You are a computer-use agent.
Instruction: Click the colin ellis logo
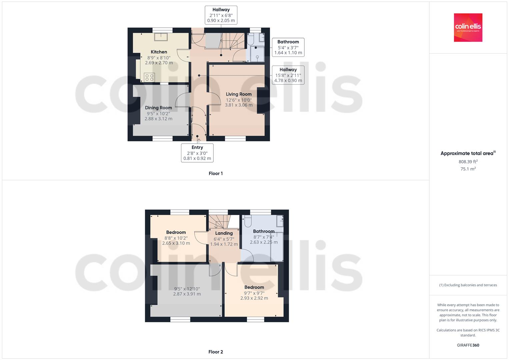pos(468,27)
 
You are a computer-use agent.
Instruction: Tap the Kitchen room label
pos(159,52)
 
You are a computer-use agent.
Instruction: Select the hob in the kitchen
pos(149,77)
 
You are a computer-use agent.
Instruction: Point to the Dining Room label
pos(158,108)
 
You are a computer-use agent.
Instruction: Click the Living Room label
pos(239,94)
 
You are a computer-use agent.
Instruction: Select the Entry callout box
pos(197,153)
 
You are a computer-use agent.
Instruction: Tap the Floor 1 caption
pos(215,173)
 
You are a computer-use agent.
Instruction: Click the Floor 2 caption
pos(215,352)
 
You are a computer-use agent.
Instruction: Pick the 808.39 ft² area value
pos(468,162)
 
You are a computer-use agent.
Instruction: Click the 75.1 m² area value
pos(468,169)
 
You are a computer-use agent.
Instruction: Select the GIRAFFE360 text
pos(468,345)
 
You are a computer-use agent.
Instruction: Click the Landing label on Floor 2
pos(224,233)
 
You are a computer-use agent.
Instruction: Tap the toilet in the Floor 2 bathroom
pos(247,221)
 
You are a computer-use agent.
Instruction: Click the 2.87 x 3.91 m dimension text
pos(187,294)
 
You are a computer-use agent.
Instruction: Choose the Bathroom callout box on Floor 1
pos(288,47)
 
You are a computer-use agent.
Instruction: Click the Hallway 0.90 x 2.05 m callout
pos(221,15)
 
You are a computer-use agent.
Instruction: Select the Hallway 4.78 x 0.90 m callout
pos(288,75)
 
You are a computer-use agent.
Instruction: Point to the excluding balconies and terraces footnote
pos(468,285)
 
